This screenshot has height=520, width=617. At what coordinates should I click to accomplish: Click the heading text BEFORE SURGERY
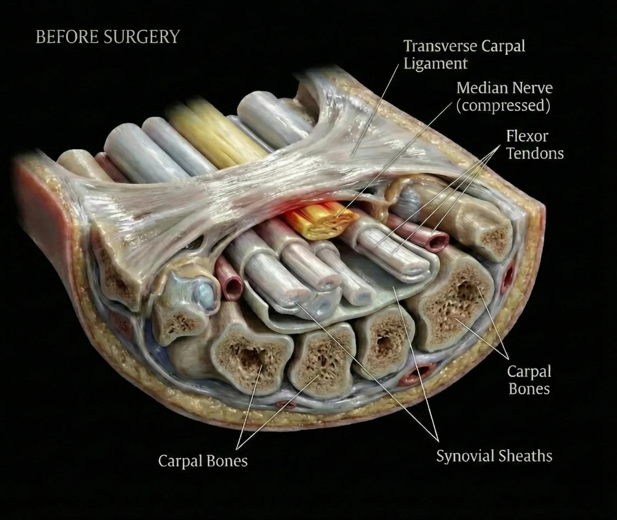tap(108, 37)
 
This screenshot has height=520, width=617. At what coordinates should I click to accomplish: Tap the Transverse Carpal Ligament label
tap(464, 55)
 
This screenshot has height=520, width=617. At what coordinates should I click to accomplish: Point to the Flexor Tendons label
tap(534, 145)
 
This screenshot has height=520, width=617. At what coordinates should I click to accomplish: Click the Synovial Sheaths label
tap(494, 456)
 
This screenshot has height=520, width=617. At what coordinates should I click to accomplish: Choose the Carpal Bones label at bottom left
tap(203, 461)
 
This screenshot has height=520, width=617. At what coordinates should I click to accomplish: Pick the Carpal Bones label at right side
tap(529, 380)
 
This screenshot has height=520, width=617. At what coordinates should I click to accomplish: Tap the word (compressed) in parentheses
tap(503, 105)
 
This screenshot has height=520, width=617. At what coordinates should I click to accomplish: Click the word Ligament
tap(435, 64)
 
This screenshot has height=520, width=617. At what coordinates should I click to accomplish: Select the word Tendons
tap(535, 153)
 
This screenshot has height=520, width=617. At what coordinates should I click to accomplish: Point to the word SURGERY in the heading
tap(142, 37)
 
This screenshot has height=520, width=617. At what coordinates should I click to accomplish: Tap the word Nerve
tap(533, 88)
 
